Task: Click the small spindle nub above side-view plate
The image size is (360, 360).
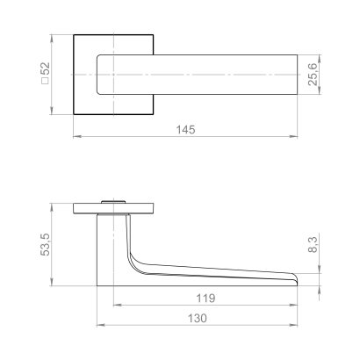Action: click(x=112, y=202)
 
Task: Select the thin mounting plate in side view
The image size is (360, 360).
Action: click(x=114, y=210)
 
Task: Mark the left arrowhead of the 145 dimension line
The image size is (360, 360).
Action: click(x=75, y=138)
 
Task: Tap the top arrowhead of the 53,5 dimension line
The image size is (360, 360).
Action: click(x=54, y=208)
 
